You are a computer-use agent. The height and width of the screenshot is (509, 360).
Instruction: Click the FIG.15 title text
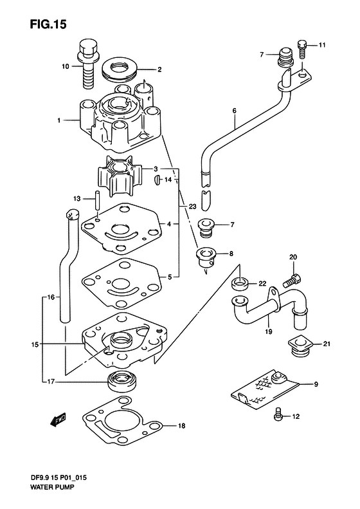[48, 24]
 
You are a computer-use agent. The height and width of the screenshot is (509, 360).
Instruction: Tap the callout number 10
[66, 66]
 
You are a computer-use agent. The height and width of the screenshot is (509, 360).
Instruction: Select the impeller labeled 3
[119, 176]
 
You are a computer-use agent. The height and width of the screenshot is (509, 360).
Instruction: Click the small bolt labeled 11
[302, 49]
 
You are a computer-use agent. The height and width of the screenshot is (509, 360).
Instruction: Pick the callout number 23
[193, 207]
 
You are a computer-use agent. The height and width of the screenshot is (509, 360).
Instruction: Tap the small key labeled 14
[157, 180]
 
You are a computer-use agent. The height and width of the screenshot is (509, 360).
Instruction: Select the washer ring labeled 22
[240, 283]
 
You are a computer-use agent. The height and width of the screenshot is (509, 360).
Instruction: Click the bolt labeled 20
[292, 281]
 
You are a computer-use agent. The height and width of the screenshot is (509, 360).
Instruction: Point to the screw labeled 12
[278, 414]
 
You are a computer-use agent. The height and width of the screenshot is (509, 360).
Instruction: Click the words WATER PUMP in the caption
[52, 487]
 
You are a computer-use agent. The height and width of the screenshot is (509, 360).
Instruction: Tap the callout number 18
[182, 425]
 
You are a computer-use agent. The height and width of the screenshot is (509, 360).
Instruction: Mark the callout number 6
[235, 111]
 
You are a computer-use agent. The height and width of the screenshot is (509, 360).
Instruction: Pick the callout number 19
[269, 332]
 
